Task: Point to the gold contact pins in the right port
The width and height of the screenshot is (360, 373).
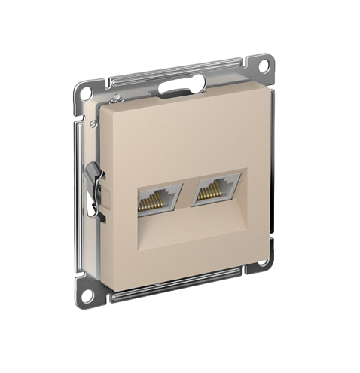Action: point(213,193)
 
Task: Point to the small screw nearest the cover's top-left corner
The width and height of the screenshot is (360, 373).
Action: point(114,99)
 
